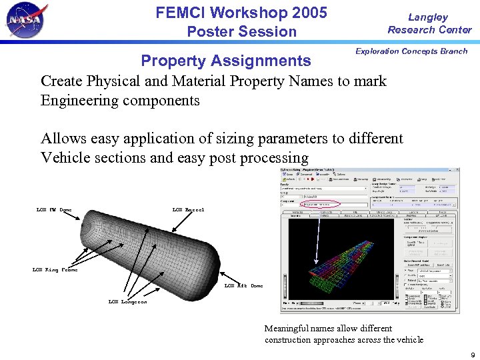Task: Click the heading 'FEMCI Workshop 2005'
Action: tap(241, 13)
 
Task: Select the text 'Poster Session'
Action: tap(241, 31)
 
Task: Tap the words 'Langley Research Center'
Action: tap(429, 23)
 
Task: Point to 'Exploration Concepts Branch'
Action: tap(411, 51)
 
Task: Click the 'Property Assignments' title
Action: tap(225, 61)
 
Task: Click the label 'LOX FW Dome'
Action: tap(54, 210)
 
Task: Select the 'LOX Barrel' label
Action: tap(188, 210)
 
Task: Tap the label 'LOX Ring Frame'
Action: tap(55, 270)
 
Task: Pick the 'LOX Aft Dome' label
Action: tap(243, 285)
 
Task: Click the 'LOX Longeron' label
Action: tap(127, 302)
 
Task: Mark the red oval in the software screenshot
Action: tap(314, 204)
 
